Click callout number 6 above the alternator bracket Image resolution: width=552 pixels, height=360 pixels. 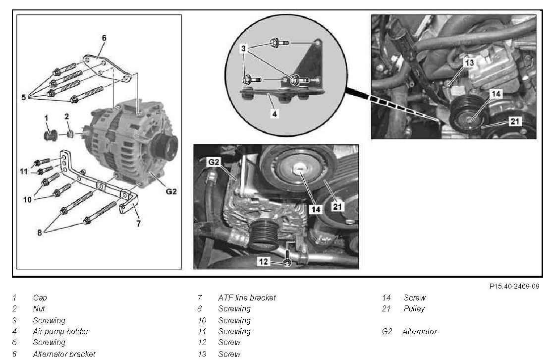click(x=104, y=38)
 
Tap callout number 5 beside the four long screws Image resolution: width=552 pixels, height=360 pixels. click(x=23, y=98)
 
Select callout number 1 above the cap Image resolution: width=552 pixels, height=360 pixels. click(x=46, y=118)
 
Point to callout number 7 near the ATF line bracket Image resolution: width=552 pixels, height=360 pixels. click(x=138, y=224)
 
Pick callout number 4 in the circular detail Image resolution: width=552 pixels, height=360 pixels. click(x=275, y=113)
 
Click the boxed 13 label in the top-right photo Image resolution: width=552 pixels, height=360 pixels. click(x=469, y=63)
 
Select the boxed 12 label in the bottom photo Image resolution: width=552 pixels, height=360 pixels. click(x=264, y=261)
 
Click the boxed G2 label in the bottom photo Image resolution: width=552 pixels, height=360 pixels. click(x=214, y=162)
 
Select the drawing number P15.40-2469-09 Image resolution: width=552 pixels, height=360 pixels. click(x=514, y=286)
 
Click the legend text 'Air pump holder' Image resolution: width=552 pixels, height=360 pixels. click(x=61, y=331)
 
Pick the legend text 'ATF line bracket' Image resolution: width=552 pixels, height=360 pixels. click(x=247, y=298)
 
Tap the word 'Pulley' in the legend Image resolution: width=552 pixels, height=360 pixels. click(x=414, y=309)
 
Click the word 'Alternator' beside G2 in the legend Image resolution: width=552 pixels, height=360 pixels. click(x=420, y=331)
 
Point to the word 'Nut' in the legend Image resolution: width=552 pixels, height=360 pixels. click(x=39, y=309)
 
